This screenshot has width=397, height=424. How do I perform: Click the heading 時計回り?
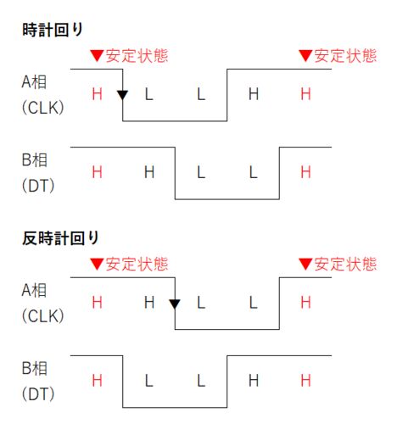[x=53, y=30]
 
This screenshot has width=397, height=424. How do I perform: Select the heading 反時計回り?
[x=60, y=238]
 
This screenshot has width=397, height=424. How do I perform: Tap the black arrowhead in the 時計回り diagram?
[x=123, y=95]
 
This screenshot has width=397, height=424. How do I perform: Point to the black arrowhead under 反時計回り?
[x=175, y=304]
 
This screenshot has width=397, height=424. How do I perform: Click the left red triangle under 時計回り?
[x=98, y=56]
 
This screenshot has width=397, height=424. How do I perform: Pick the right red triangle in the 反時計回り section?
[x=305, y=265]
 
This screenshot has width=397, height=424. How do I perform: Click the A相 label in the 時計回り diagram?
[x=34, y=82]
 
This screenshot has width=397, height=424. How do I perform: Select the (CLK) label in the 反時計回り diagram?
[x=43, y=315]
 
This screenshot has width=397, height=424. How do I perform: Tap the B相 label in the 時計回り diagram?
[x=35, y=160]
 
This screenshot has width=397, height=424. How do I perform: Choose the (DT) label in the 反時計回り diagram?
[x=38, y=393]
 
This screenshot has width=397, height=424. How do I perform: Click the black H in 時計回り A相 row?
[x=254, y=94]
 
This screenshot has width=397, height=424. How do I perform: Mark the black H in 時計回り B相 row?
[x=149, y=172]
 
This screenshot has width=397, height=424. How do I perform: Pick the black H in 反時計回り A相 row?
[x=149, y=303]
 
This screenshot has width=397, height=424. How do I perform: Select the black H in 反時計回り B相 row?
[x=254, y=381]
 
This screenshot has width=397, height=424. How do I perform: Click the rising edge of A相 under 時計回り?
[x=227, y=95]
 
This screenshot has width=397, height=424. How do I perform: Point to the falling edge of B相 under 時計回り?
[x=175, y=173]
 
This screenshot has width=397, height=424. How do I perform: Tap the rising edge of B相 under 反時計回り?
[x=227, y=382]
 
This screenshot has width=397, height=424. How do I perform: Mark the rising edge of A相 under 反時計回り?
[x=279, y=304]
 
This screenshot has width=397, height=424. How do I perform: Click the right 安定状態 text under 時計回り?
[x=345, y=56]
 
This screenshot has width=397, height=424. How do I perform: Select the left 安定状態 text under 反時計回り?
[x=137, y=265]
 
